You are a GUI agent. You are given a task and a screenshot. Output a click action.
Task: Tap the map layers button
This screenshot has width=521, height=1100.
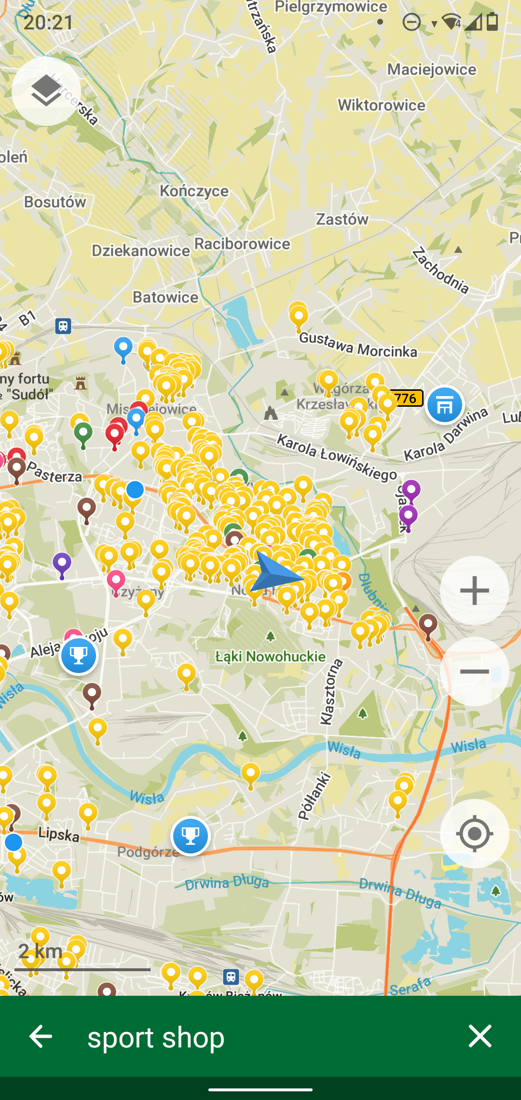pos(46,91)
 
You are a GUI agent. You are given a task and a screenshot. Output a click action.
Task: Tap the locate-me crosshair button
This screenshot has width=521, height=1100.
pos(474,834)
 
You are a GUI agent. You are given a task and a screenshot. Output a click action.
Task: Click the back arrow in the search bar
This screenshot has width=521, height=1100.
pos(41,1036)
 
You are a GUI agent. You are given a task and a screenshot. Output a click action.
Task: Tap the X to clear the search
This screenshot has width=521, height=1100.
pos(480,1036)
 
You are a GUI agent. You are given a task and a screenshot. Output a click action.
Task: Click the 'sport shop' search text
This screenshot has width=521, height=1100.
pos(156,1037)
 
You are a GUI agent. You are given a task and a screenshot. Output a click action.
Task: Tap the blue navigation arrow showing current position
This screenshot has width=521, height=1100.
pos(275,572)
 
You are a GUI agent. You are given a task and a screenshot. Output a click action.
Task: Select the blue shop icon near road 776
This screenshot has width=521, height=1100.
pos(444,405)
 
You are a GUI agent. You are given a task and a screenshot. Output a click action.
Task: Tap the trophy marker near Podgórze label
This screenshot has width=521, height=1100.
pos(191,836)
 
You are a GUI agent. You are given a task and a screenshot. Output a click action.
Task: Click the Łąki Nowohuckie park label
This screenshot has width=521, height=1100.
pos(270,657)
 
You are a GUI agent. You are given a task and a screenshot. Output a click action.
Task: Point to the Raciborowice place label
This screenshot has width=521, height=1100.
pos(242,244)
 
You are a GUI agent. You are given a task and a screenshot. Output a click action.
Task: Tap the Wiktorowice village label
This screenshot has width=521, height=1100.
pos(382,105)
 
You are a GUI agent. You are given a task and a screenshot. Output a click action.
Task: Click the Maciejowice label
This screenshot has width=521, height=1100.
pos(431,69)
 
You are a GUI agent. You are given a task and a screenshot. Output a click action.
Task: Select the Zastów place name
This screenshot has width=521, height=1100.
pos(342,220)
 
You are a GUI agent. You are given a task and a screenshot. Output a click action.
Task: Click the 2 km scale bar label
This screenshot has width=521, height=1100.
pos(41,951)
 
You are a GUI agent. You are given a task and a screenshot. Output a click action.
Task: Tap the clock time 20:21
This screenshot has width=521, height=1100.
pos(48,22)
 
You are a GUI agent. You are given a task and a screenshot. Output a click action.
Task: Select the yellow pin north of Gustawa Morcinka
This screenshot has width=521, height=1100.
pos(299,316)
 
